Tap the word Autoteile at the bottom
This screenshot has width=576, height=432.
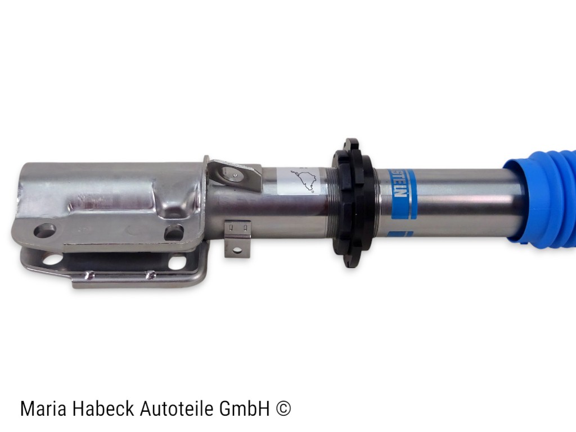pyautogui.click(x=177, y=408)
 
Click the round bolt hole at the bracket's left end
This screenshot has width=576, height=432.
pyautogui.click(x=44, y=230)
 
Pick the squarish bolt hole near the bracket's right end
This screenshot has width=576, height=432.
pyautogui.click(x=174, y=231)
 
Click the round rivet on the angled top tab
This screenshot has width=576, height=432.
pyautogui.click(x=233, y=175)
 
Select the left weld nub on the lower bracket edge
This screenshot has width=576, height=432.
pyautogui.click(x=88, y=275)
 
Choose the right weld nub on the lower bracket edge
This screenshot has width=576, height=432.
pyautogui.click(x=150, y=274)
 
